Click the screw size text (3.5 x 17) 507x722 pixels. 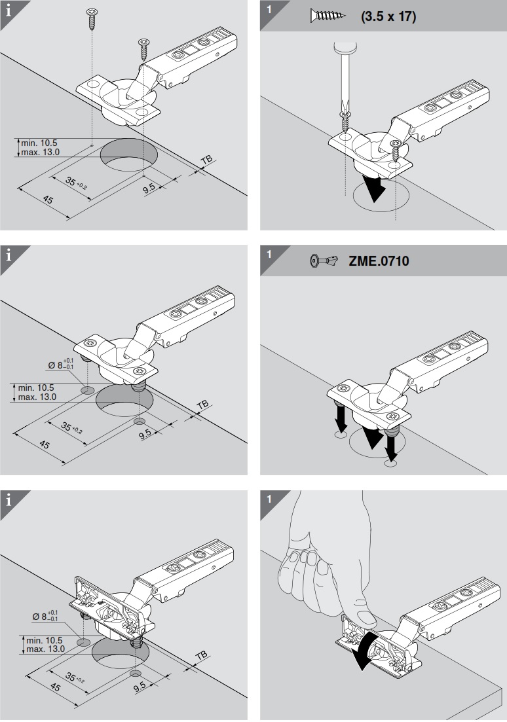coord(388,16)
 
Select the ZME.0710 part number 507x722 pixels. coord(379,261)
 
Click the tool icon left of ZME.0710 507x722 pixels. coord(323,261)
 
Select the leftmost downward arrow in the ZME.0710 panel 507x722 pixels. coord(341,416)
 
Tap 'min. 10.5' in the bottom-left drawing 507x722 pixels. coord(45,640)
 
